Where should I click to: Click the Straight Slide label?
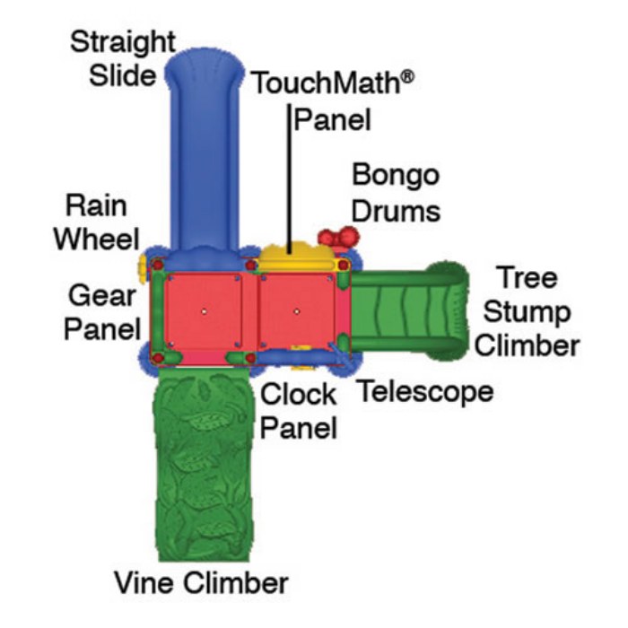click(123, 57)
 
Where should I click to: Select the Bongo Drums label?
click(395, 191)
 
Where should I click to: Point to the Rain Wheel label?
click(96, 223)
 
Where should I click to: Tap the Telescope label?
click(425, 391)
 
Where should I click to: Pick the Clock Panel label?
click(299, 410)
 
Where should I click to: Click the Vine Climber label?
click(201, 582)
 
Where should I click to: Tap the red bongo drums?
click(338, 238)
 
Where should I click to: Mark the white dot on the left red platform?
click(205, 310)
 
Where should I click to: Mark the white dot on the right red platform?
click(296, 310)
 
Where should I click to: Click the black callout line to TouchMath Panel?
click(289, 179)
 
